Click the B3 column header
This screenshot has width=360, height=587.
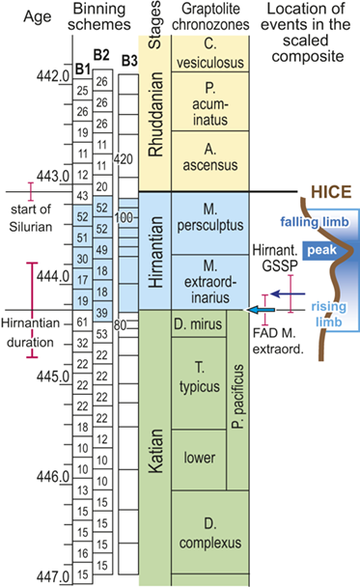pyautogui.click(x=128, y=61)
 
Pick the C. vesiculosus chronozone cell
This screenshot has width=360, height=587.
pyautogui.click(x=208, y=52)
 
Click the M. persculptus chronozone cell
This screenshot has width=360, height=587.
pyautogui.click(x=208, y=221)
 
